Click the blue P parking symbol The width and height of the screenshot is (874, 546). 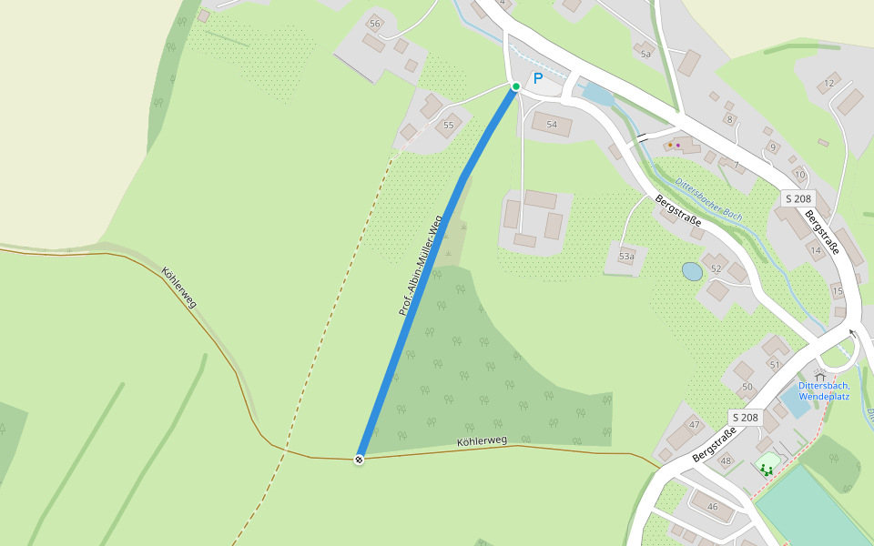pos(537,79)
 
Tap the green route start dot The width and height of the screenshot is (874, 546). pos(515,86)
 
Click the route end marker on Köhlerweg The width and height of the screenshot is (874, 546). pos(360,460)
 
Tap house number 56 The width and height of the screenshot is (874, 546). pos(374,23)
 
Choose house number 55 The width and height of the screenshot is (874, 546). pos(448,126)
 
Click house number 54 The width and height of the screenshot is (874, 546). pos(551,124)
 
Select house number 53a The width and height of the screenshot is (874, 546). pos(626,257)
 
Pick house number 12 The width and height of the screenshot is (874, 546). pos(828,84)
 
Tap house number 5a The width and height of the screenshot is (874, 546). pos(646,55)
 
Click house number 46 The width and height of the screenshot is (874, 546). pos(712,506)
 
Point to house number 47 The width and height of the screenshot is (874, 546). pos(695,425)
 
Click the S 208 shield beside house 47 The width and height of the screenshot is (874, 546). pos(744,417)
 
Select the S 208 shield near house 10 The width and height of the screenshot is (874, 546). pos(798,197)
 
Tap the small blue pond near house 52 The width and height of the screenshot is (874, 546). pos(692,271)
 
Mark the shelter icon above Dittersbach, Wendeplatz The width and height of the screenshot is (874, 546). pos(819,375)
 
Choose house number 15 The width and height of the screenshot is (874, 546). pos(838,291)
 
